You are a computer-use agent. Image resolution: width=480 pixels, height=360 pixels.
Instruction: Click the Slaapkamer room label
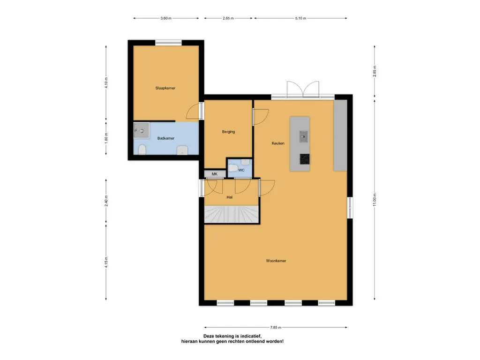(x=165, y=88)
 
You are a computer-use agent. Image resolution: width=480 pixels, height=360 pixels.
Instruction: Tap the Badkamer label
(x=166, y=138)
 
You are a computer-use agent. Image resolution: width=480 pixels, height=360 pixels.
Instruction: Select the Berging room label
(x=228, y=132)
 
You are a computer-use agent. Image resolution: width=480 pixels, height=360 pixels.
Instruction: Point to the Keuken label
(x=278, y=143)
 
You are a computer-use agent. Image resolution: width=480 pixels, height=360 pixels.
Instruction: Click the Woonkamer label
(x=276, y=261)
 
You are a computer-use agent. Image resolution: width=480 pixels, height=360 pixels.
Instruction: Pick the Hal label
(x=230, y=197)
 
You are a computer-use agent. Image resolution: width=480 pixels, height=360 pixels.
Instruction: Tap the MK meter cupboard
(x=215, y=174)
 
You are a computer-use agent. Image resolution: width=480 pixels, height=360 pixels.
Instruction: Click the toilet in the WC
(x=233, y=168)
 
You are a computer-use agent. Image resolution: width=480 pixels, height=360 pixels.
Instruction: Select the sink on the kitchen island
(x=303, y=136)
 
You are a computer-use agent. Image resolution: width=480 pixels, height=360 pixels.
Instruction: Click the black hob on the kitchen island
(x=305, y=159)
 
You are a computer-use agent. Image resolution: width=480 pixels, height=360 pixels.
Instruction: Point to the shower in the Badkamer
(x=142, y=130)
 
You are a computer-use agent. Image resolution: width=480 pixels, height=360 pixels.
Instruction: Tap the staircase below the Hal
(x=232, y=214)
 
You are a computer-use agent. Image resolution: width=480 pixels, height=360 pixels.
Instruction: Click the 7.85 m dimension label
(x=276, y=327)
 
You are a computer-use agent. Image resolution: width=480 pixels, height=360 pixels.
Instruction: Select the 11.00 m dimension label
(x=375, y=200)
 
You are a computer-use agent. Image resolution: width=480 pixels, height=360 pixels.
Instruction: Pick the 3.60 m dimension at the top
(x=166, y=18)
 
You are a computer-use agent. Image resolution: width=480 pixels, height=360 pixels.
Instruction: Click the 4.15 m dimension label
(x=106, y=262)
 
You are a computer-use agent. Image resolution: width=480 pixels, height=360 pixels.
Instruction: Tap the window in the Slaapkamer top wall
(x=168, y=43)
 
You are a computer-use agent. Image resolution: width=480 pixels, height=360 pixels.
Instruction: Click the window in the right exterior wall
(x=350, y=208)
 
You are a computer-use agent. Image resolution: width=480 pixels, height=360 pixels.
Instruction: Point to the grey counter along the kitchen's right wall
(x=340, y=135)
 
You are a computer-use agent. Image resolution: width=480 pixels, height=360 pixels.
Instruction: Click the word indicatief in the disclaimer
(x=250, y=336)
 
